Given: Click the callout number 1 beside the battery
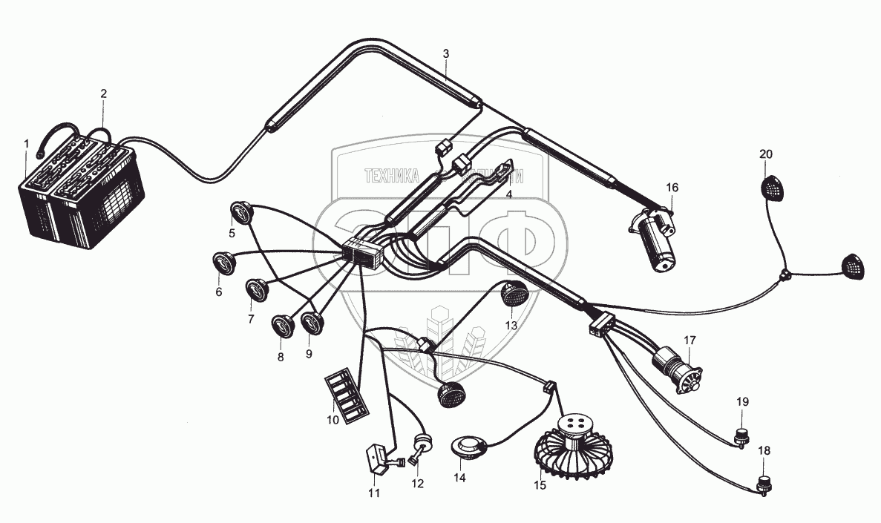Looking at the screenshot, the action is (26, 142).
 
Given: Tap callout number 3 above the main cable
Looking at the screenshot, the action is (445, 53).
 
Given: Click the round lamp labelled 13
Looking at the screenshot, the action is (512, 295).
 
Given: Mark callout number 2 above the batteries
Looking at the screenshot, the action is (103, 93).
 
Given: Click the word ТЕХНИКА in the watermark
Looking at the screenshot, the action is (391, 176).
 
